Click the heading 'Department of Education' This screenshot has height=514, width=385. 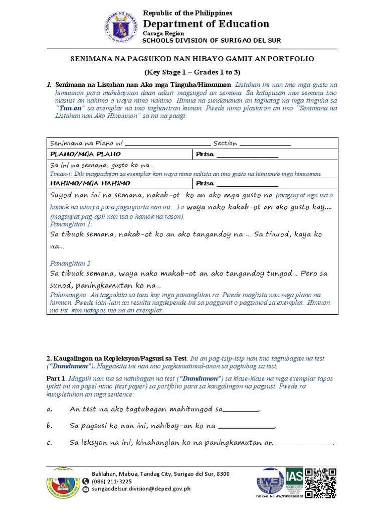pyautogui.click(x=206, y=24)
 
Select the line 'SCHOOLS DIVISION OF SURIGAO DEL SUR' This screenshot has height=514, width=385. pyautogui.click(x=212, y=40)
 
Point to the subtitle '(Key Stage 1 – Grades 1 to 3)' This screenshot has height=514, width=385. pyautogui.click(x=192, y=72)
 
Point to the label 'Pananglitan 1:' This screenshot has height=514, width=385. pyautogui.click(x=71, y=224)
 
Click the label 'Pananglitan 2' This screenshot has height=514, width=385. pyautogui.click(x=71, y=263)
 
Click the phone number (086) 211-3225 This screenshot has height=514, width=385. pyautogui.click(x=112, y=481)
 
